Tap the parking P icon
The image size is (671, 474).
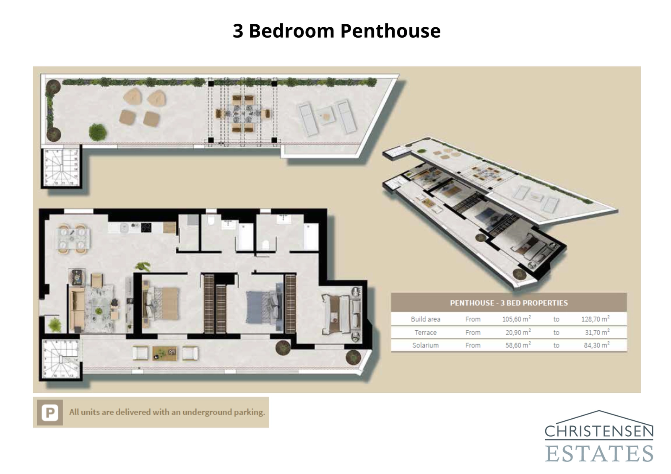(50, 413)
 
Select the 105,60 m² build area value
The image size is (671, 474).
(516, 319)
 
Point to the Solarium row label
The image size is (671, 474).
(425, 345)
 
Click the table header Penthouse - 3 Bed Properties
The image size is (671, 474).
(508, 303)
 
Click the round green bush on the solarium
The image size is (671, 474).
(98, 132)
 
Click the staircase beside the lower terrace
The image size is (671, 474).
(61, 359)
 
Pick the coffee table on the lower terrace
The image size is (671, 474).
(164, 353)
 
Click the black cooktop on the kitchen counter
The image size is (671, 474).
(146, 228)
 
